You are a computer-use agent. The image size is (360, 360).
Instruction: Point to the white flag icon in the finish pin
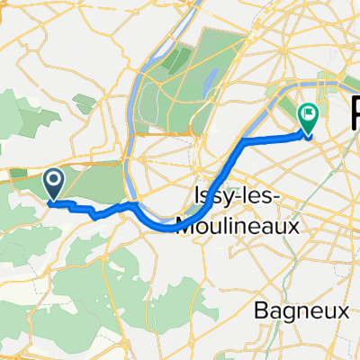pos(309,114)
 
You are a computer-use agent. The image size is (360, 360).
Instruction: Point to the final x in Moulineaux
pos(294,223)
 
